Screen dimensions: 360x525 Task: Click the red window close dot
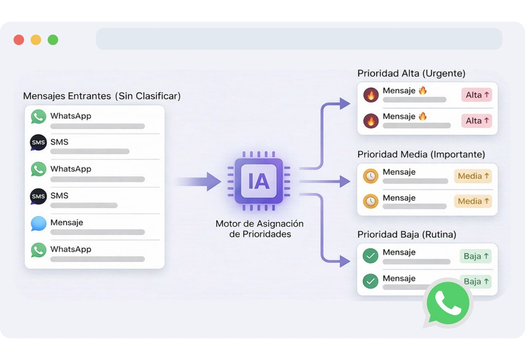19,40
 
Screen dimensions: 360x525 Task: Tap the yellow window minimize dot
36,40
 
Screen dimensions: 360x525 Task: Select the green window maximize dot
53,40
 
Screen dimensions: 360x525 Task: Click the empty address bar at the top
299,39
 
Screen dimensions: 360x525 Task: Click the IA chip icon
259,181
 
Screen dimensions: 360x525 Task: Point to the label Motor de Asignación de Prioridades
259,229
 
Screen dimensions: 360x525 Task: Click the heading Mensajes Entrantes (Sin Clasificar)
102,96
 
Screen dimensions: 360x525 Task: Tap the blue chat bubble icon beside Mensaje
38,224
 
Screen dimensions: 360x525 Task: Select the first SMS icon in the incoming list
38,142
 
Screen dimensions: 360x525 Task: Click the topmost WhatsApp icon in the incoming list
38,117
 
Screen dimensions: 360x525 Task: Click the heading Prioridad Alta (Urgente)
411,73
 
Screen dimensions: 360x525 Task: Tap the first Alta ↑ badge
477,95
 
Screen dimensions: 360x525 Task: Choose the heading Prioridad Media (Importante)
421,154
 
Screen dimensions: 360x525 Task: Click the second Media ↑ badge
473,201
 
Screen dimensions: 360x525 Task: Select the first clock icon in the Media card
371,176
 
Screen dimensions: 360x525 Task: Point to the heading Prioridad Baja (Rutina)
407,234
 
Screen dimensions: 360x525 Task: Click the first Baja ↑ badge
476,256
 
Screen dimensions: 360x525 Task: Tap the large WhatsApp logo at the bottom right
447,303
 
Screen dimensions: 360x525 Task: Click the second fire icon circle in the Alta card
371,121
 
